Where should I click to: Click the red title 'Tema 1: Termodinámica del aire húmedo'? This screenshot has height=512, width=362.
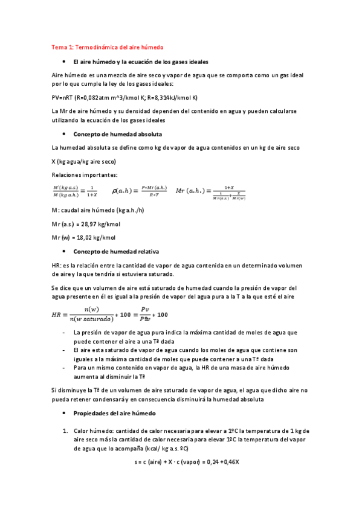coord(108,47)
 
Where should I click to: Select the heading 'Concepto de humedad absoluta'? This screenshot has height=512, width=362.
coord(117,133)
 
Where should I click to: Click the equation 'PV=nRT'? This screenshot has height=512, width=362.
coord(62,97)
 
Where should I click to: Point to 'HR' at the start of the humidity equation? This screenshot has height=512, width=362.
coord(57,315)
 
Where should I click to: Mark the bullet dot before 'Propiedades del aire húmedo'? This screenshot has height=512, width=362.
coord(64,413)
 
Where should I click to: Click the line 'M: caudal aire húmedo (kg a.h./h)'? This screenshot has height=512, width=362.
coord(98,210)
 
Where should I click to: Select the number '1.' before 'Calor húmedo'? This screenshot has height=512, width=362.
coord(65,430)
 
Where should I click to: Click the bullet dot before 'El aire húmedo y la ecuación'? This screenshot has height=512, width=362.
coord(64,62)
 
